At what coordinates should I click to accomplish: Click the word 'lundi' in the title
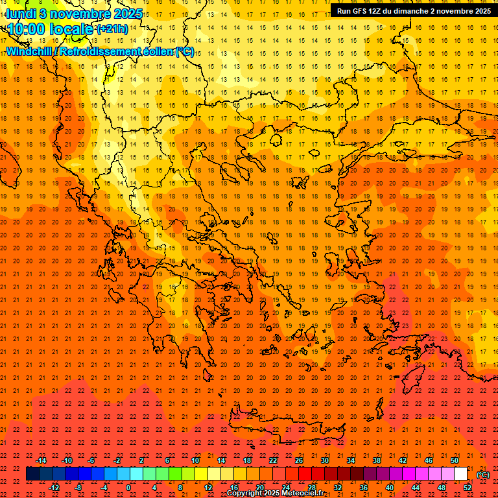tap(21, 14)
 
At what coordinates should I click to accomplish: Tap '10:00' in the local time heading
tap(27, 29)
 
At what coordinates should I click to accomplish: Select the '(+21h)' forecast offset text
tap(112, 29)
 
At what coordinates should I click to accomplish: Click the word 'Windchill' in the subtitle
tap(29, 51)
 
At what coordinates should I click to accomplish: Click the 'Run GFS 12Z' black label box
tap(413, 11)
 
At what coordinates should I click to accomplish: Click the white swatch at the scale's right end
tap(461, 474)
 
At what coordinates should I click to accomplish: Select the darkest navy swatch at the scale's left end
tap(32, 474)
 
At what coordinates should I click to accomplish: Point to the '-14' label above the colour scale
tap(40, 460)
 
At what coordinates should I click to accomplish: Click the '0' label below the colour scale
tap(129, 488)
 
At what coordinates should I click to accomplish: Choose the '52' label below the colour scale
tap(468, 488)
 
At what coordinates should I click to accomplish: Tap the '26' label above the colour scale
tap(299, 460)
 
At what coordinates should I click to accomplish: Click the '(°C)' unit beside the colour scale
tap(483, 475)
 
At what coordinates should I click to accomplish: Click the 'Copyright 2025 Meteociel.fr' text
tap(276, 493)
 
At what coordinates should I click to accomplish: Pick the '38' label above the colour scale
tap(377, 460)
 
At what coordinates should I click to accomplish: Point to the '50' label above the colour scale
tap(455, 460)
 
